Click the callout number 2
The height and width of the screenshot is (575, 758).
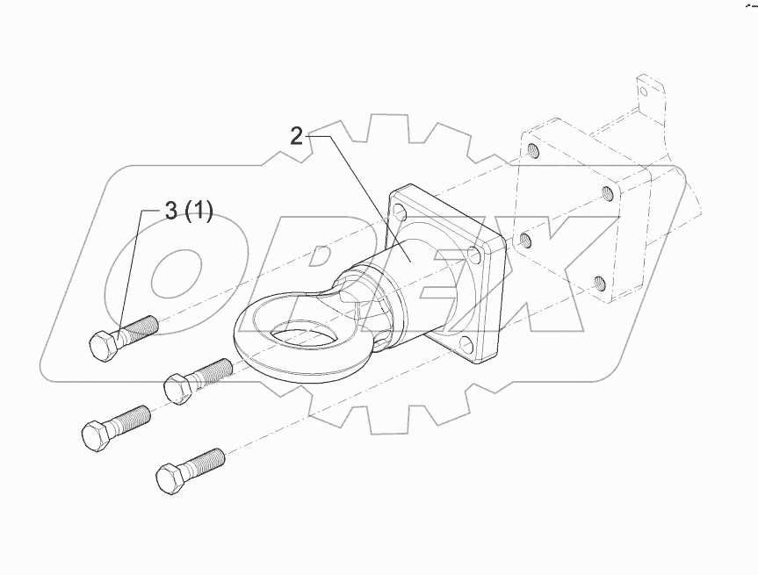tap(297, 135)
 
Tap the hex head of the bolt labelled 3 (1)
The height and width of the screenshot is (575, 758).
tap(103, 345)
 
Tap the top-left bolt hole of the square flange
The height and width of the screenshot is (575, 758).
tap(400, 212)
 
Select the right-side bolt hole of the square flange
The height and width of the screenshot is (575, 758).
tap(475, 254)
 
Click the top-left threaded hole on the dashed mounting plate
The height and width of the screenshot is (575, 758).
tap(533, 150)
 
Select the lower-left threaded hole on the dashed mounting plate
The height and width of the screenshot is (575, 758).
tap(525, 238)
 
